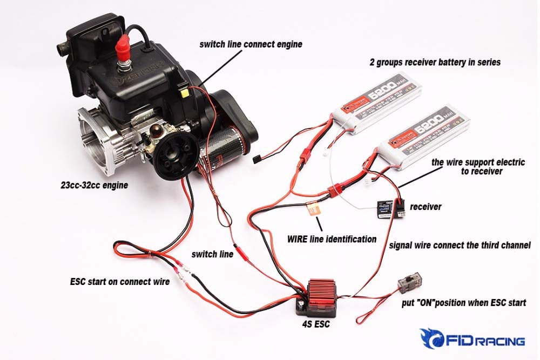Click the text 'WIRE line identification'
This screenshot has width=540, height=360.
pyautogui.click(x=332, y=239)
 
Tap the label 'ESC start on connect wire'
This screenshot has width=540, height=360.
pyautogui.click(x=120, y=281)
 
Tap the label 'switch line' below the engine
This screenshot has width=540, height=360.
pyautogui.click(x=212, y=254)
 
